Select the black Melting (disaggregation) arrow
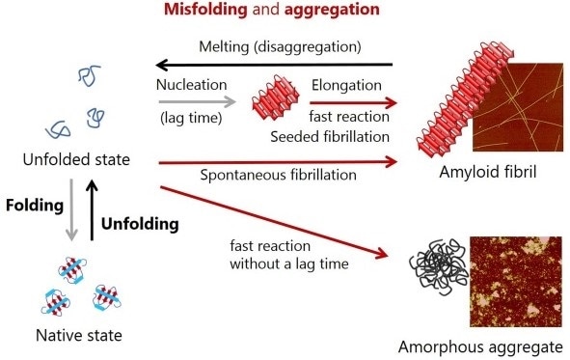[281, 66]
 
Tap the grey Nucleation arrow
[197, 100]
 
